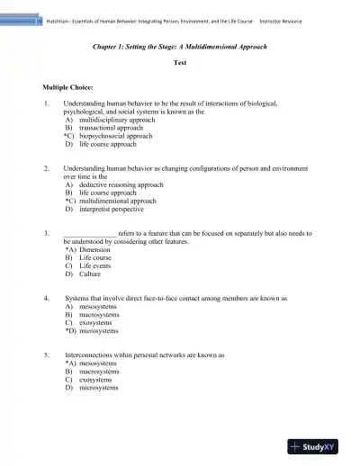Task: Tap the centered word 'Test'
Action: click(x=179, y=63)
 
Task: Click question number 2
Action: click(x=46, y=168)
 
